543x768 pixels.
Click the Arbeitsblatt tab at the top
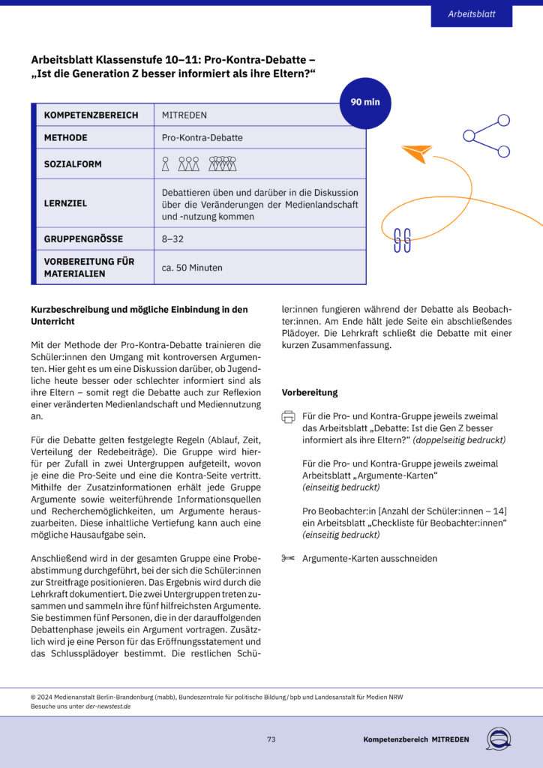click(471, 15)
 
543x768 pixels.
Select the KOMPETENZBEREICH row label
click(91, 115)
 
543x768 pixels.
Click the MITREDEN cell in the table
click(184, 115)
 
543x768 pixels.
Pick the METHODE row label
click(66, 138)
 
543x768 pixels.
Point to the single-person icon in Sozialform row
click(166, 163)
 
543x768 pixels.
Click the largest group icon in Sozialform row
click(223, 163)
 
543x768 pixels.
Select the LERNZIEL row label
click(65, 203)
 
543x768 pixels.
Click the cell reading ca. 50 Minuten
click(192, 267)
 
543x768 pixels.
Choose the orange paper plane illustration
click(416, 152)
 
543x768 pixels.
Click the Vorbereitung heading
click(309, 392)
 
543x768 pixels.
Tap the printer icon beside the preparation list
click(289, 417)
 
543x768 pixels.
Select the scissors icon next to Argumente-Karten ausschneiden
click(289, 558)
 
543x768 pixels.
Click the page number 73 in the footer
click(271, 739)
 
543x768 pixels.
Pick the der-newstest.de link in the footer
click(108, 706)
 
